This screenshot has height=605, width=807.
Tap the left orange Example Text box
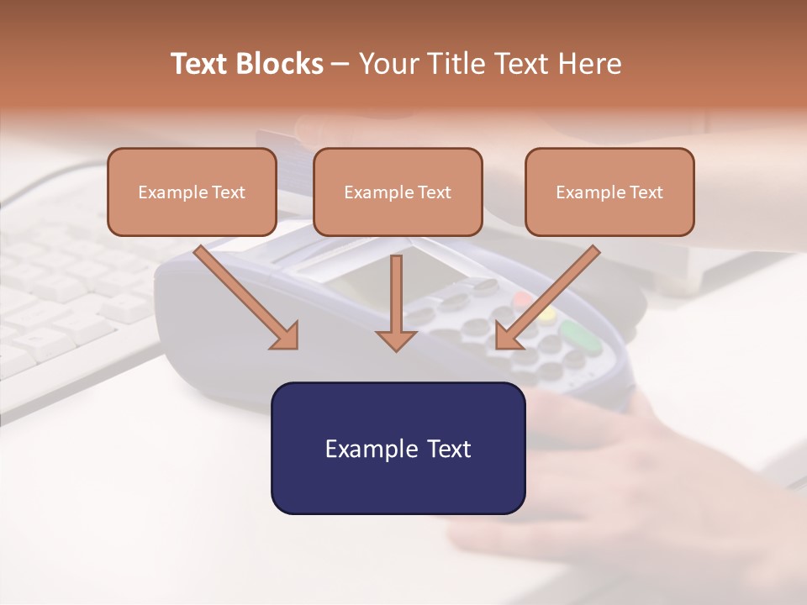192,192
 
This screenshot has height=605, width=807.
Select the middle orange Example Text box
398,192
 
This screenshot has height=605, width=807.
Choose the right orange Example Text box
609,192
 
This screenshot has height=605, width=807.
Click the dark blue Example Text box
398,448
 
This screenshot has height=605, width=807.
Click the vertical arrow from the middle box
396,302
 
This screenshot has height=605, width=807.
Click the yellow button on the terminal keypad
547,313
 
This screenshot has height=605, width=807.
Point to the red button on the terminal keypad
523,299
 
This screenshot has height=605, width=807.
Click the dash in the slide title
340,64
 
